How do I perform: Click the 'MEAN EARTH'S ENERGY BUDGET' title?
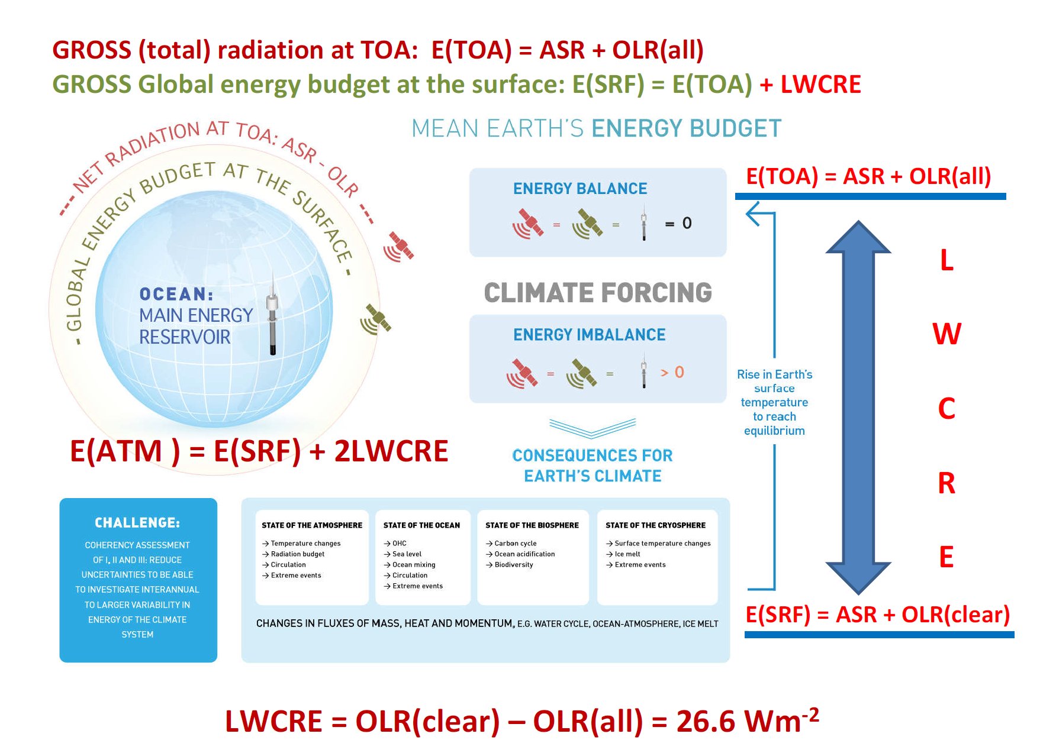coord(597,128)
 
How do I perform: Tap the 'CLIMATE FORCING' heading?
coord(598,293)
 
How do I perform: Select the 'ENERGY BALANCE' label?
coord(580,189)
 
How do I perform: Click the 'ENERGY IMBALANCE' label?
coord(590,335)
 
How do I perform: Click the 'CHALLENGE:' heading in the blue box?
coord(137,523)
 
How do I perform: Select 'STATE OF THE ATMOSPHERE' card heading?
coord(312,525)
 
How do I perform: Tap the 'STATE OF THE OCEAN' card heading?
coord(421,525)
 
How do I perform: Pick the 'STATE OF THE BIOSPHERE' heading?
coord(532,525)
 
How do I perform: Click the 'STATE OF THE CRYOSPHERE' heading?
coord(655,525)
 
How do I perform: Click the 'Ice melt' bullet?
coord(623,554)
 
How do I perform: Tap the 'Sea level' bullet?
coord(403,554)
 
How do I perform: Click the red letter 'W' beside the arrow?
coord(947,334)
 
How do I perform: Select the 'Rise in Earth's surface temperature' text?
coord(774,388)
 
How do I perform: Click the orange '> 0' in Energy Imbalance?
coord(672,372)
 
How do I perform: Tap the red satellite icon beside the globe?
coord(399,247)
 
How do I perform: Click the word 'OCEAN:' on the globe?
coord(176,294)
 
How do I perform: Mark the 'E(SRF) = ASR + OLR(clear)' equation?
coord(878,615)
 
